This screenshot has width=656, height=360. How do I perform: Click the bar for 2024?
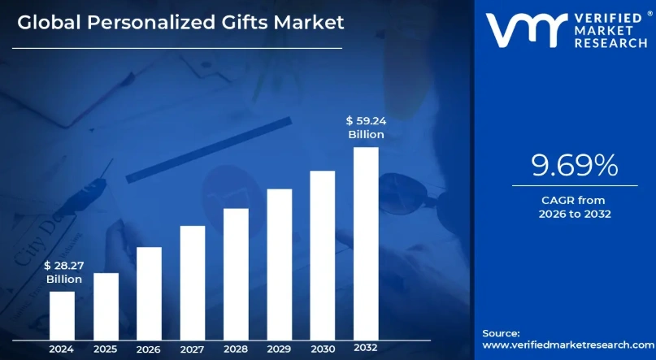[x=62, y=314]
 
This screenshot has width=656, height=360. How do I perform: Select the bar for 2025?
[x=106, y=306]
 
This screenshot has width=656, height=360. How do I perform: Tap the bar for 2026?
[x=149, y=293]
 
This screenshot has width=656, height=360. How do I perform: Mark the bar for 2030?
[x=323, y=254]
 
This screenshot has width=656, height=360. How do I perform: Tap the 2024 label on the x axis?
[x=62, y=349]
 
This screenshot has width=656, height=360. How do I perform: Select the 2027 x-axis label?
[x=193, y=349]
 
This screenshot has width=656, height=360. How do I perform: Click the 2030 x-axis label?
[x=323, y=349]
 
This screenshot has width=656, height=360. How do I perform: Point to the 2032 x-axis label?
[x=366, y=348]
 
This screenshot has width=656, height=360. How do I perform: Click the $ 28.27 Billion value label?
[x=63, y=271]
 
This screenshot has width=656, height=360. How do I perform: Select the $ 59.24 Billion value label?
[x=366, y=128]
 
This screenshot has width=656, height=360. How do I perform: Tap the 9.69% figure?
[x=574, y=166]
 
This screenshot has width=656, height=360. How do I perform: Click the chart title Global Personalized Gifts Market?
[x=180, y=22]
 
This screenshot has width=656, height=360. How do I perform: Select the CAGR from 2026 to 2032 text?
[x=574, y=206]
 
